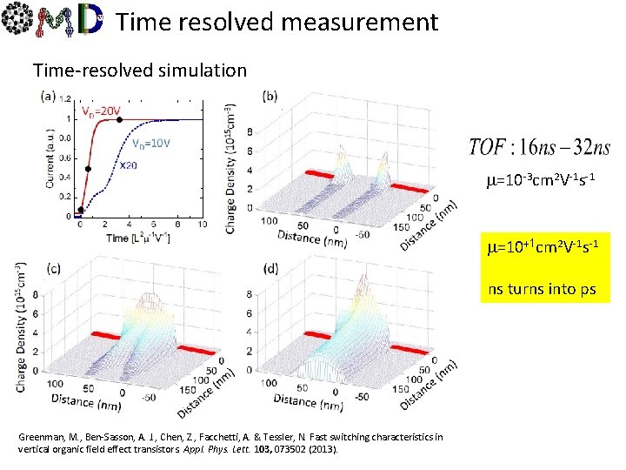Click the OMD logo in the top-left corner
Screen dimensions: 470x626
coord(54,23)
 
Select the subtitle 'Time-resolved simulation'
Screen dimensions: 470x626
coord(139,69)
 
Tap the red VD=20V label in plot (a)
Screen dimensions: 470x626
coord(102,111)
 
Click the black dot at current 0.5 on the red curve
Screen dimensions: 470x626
coord(89,168)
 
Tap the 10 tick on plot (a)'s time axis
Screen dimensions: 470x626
coord(203,225)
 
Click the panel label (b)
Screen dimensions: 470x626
coord(270,96)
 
